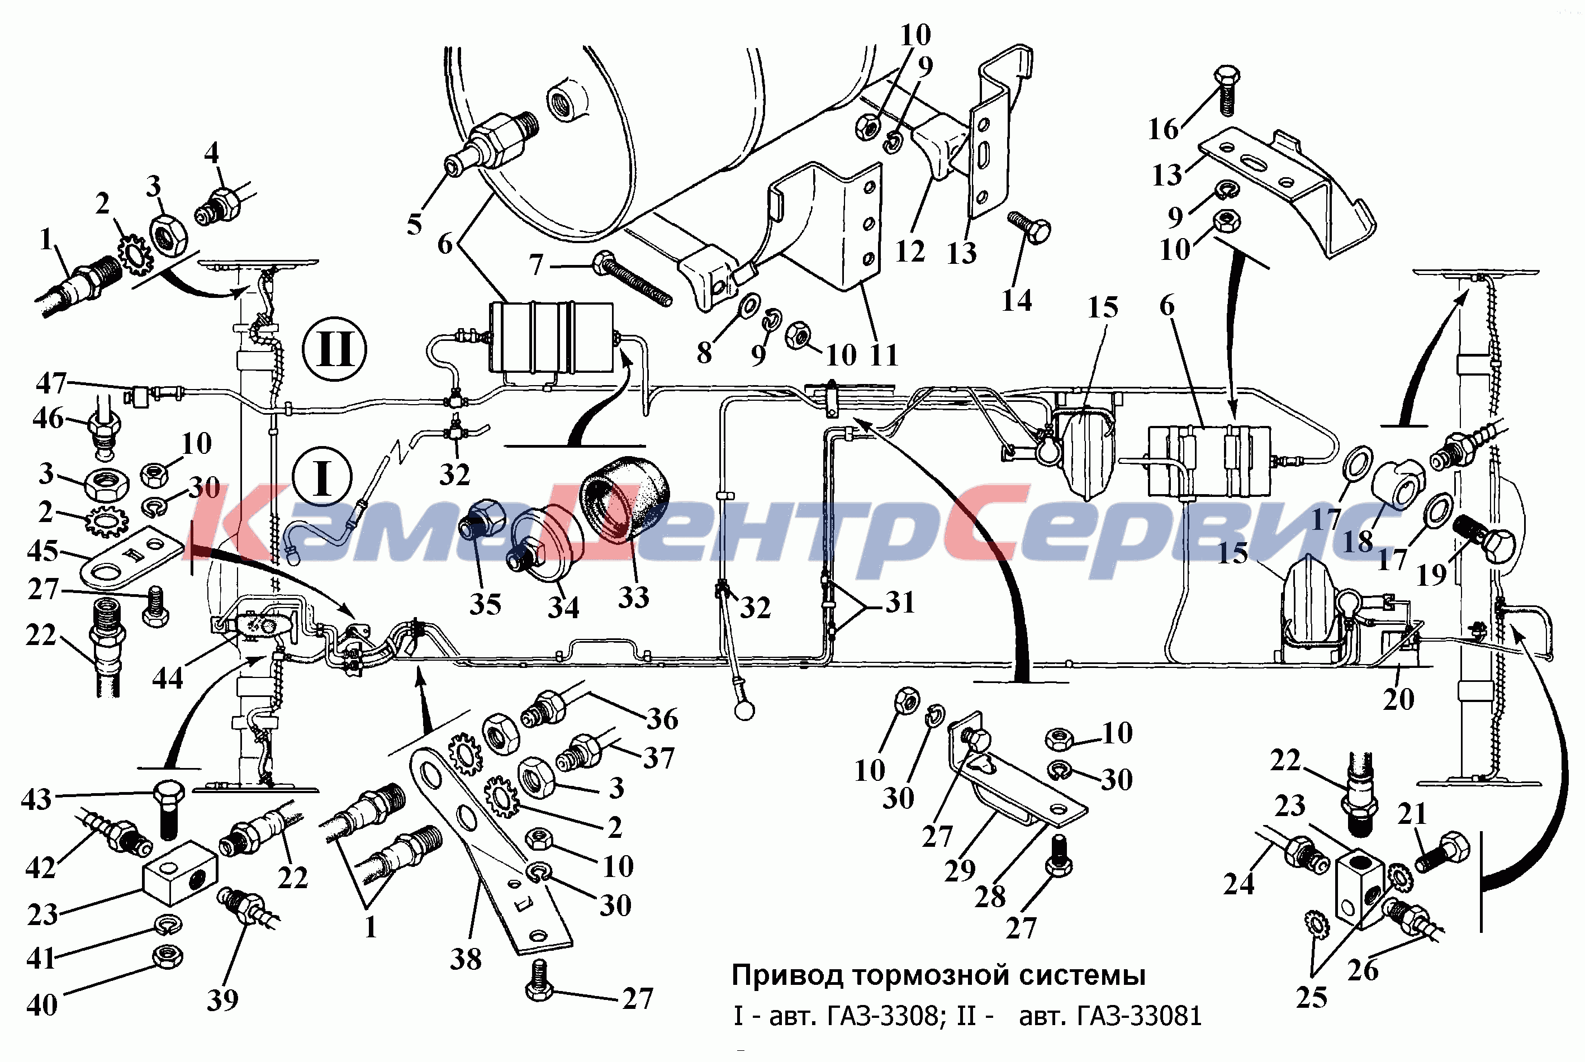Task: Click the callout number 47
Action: (x=51, y=383)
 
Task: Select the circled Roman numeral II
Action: (x=334, y=350)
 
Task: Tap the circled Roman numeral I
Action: (x=322, y=477)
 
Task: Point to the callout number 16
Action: (x=1163, y=129)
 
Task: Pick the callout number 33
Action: (x=634, y=597)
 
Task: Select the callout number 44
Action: (x=167, y=677)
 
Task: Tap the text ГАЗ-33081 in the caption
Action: (x=1111, y=1016)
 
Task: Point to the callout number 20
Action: (x=1398, y=699)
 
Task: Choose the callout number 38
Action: (x=466, y=959)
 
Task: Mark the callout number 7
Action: (x=536, y=264)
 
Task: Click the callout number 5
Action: (x=414, y=224)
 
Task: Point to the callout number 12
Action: (x=910, y=252)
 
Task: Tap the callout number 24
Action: (x=1239, y=883)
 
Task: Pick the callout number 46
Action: (x=48, y=418)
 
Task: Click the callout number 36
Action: (x=662, y=719)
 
